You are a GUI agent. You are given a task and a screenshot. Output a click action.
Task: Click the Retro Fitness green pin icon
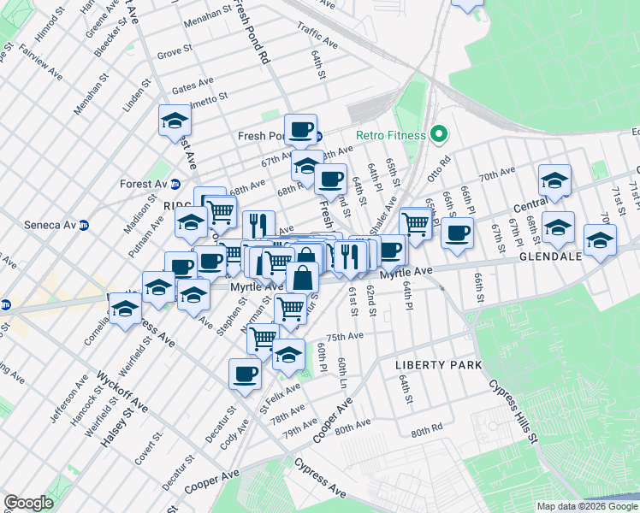coord(439,134)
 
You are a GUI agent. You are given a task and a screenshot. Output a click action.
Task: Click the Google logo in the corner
coord(28,503)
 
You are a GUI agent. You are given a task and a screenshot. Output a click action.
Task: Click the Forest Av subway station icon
coord(175,184)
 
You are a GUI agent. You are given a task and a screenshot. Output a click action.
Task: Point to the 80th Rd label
coord(425,429)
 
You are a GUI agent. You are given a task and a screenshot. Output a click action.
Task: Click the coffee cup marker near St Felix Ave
coord(245,374)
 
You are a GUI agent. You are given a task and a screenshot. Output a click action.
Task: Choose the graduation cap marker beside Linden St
coord(175,121)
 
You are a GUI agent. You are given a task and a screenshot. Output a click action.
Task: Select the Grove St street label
coord(174,53)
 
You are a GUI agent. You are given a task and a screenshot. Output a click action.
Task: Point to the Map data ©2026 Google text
coord(586,506)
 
